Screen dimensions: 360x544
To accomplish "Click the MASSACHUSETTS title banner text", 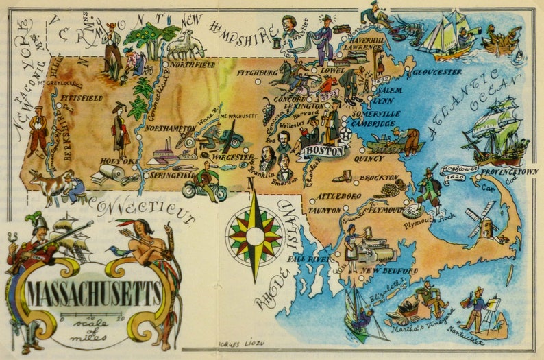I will pyautogui.click(x=94, y=293).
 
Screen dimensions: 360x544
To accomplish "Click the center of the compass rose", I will pyautogui.click(x=255, y=237).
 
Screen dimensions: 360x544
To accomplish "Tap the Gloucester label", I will pyautogui.click(x=435, y=71).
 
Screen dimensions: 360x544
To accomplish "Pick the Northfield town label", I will pyautogui.click(x=192, y=64).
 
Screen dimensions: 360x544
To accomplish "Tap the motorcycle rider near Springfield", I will pyautogui.click(x=204, y=182).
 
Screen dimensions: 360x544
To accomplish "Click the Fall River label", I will pyautogui.click(x=308, y=261).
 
